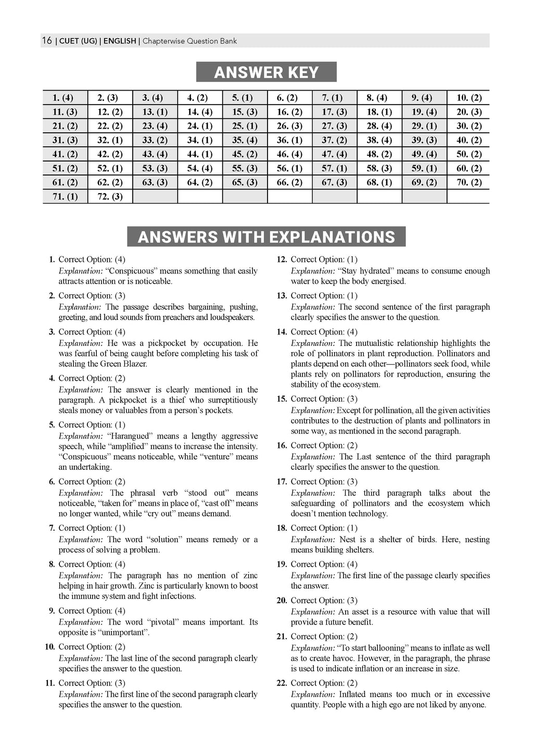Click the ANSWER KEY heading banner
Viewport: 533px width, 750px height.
point(266,72)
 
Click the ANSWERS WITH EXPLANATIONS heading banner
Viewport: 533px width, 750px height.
point(266,237)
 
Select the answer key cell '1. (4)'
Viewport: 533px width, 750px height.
point(63,98)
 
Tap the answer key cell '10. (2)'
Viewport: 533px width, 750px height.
point(469,98)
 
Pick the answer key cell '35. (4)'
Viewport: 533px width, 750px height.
point(245,140)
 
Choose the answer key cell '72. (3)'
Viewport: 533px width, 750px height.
point(110,196)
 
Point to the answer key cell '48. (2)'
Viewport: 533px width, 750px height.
point(379,154)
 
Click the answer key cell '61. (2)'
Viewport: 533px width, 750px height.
point(65,182)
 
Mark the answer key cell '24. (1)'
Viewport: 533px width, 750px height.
point(200,126)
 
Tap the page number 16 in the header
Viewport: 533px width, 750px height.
point(47,41)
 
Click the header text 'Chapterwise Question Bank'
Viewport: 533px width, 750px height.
point(189,41)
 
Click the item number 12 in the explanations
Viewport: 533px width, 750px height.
point(282,259)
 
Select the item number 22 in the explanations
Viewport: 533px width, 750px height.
point(282,683)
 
